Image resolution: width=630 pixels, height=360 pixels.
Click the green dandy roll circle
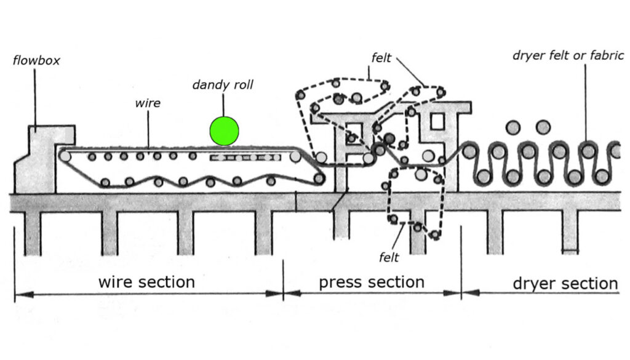[224, 130]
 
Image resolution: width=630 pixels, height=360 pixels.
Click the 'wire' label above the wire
[148, 103]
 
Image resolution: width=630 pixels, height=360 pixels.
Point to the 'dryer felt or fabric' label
[568, 55]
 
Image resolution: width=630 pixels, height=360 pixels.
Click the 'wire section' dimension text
[146, 282]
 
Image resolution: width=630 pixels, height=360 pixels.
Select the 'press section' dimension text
[372, 282]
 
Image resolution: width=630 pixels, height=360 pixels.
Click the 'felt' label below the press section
[389, 257]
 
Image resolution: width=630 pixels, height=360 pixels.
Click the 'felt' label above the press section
[382, 58]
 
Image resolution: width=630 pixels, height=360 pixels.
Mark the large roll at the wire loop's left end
[65, 156]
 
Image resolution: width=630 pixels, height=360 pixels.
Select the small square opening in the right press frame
[436, 121]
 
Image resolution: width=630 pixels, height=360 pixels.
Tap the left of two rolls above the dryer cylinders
[513, 127]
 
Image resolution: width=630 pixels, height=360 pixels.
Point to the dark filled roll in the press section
[389, 138]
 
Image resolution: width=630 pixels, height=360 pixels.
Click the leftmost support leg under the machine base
[33, 233]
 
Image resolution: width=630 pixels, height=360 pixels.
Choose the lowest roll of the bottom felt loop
[435, 235]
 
